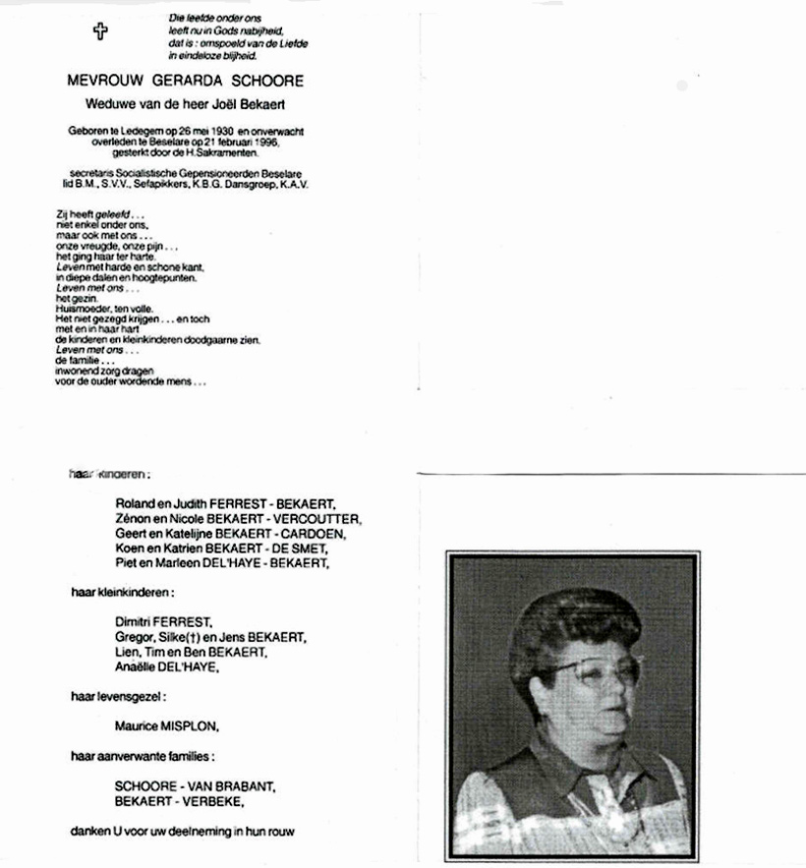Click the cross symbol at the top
[99, 31]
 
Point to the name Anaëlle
[138, 667]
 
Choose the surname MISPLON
[190, 726]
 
